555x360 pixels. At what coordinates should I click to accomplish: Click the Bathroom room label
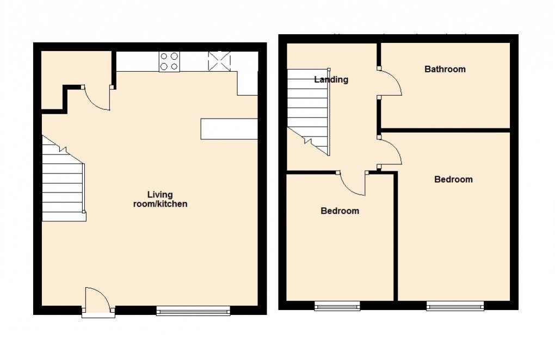point(445,69)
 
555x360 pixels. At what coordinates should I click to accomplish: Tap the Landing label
point(331,79)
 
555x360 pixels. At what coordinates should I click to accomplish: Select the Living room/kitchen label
point(160,199)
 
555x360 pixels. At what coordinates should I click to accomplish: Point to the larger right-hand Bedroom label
point(453,179)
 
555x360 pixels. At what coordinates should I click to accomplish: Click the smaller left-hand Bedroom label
point(340,210)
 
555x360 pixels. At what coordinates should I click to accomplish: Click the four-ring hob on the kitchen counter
point(169,61)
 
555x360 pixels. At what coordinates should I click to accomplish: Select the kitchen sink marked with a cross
point(219,61)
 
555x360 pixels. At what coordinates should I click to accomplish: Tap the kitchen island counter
point(229,129)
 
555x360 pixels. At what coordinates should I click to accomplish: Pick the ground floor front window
point(193,311)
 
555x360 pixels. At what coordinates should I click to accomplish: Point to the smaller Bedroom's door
point(353,183)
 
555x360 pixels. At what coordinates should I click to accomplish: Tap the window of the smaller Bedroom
point(337,306)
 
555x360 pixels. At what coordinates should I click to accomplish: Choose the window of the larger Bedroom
point(455,306)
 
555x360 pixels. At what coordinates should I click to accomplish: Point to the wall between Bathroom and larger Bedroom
point(445,130)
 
